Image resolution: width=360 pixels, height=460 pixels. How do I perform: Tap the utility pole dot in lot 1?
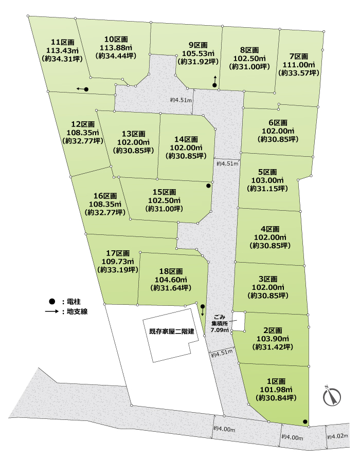305,422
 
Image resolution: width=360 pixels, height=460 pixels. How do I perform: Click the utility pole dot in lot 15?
208,186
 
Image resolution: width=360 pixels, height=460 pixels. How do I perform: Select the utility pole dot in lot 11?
86,89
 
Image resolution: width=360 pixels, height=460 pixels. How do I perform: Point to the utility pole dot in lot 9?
214,85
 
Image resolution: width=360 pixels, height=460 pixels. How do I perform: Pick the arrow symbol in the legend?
51,311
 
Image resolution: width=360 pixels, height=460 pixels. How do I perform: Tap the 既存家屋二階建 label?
168,332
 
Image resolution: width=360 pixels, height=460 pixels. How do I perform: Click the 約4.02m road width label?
338,437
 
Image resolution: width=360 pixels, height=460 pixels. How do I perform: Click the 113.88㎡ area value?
116,48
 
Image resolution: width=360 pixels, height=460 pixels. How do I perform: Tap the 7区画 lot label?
298,56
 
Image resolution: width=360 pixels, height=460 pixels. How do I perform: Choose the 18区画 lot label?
171,271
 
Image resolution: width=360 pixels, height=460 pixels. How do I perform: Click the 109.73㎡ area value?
118,261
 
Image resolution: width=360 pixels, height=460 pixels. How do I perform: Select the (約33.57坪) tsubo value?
298,73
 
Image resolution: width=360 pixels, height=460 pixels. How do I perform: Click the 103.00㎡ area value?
267,180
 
